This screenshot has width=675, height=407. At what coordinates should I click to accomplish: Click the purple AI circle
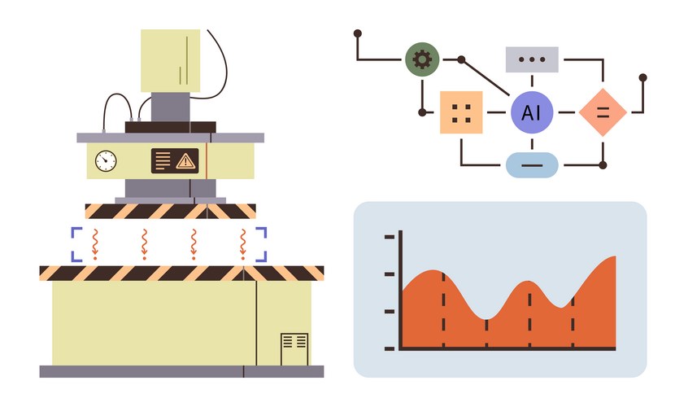pyautogui.click(x=532, y=112)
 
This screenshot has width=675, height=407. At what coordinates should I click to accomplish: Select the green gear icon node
pyautogui.click(x=422, y=59)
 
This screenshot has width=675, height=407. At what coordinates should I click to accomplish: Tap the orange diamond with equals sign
pyautogui.click(x=603, y=112)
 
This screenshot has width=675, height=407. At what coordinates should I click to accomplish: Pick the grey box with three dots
pyautogui.click(x=532, y=59)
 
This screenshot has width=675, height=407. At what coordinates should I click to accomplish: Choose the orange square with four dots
pyautogui.click(x=461, y=112)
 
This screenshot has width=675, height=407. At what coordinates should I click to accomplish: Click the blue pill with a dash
pyautogui.click(x=532, y=165)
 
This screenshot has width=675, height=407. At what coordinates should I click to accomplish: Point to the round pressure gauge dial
pyautogui.click(x=106, y=160)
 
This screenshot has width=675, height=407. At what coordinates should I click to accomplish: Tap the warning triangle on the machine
pyautogui.click(x=186, y=160)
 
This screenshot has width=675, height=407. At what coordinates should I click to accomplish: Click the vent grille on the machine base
pyautogui.click(x=294, y=349)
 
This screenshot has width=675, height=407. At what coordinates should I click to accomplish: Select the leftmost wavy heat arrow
pyautogui.click(x=95, y=243)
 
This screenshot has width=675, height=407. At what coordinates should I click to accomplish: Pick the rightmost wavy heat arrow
pyautogui.click(x=242, y=243)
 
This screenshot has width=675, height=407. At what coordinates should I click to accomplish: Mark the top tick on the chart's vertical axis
pyautogui.click(x=390, y=237)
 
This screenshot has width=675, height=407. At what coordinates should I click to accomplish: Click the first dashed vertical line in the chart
pyautogui.click(x=443, y=309)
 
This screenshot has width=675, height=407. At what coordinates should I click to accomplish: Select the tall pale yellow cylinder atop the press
pyautogui.click(x=170, y=61)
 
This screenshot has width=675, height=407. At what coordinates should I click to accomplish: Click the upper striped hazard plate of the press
pyautogui.click(x=170, y=212)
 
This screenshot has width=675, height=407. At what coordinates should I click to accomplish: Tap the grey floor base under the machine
pyautogui.click(x=181, y=371)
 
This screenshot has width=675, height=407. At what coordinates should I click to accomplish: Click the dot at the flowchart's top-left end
pyautogui.click(x=356, y=34)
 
